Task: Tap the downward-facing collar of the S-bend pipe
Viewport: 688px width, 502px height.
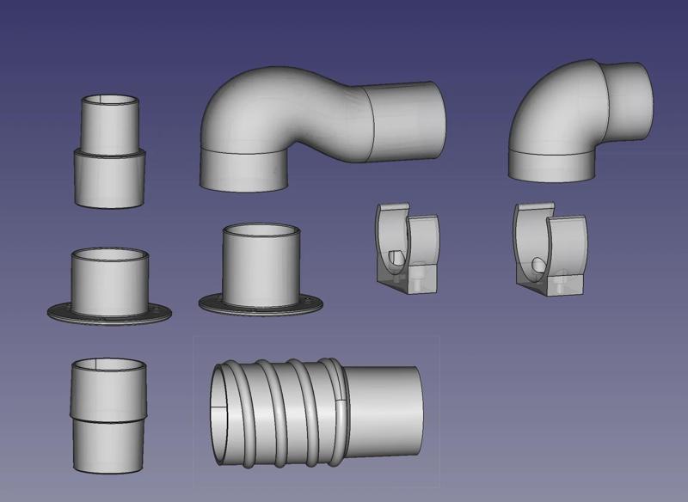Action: click(x=243, y=168)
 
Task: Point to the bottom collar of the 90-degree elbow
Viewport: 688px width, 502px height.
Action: click(x=550, y=163)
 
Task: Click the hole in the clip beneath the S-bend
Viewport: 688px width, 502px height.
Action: click(x=396, y=258)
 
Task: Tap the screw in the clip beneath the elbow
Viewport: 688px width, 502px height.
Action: click(x=562, y=278)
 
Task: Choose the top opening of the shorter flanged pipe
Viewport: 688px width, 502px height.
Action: click(x=111, y=257)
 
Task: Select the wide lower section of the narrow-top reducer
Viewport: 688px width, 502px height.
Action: click(x=110, y=176)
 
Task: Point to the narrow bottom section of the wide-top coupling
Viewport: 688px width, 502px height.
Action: click(x=110, y=444)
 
